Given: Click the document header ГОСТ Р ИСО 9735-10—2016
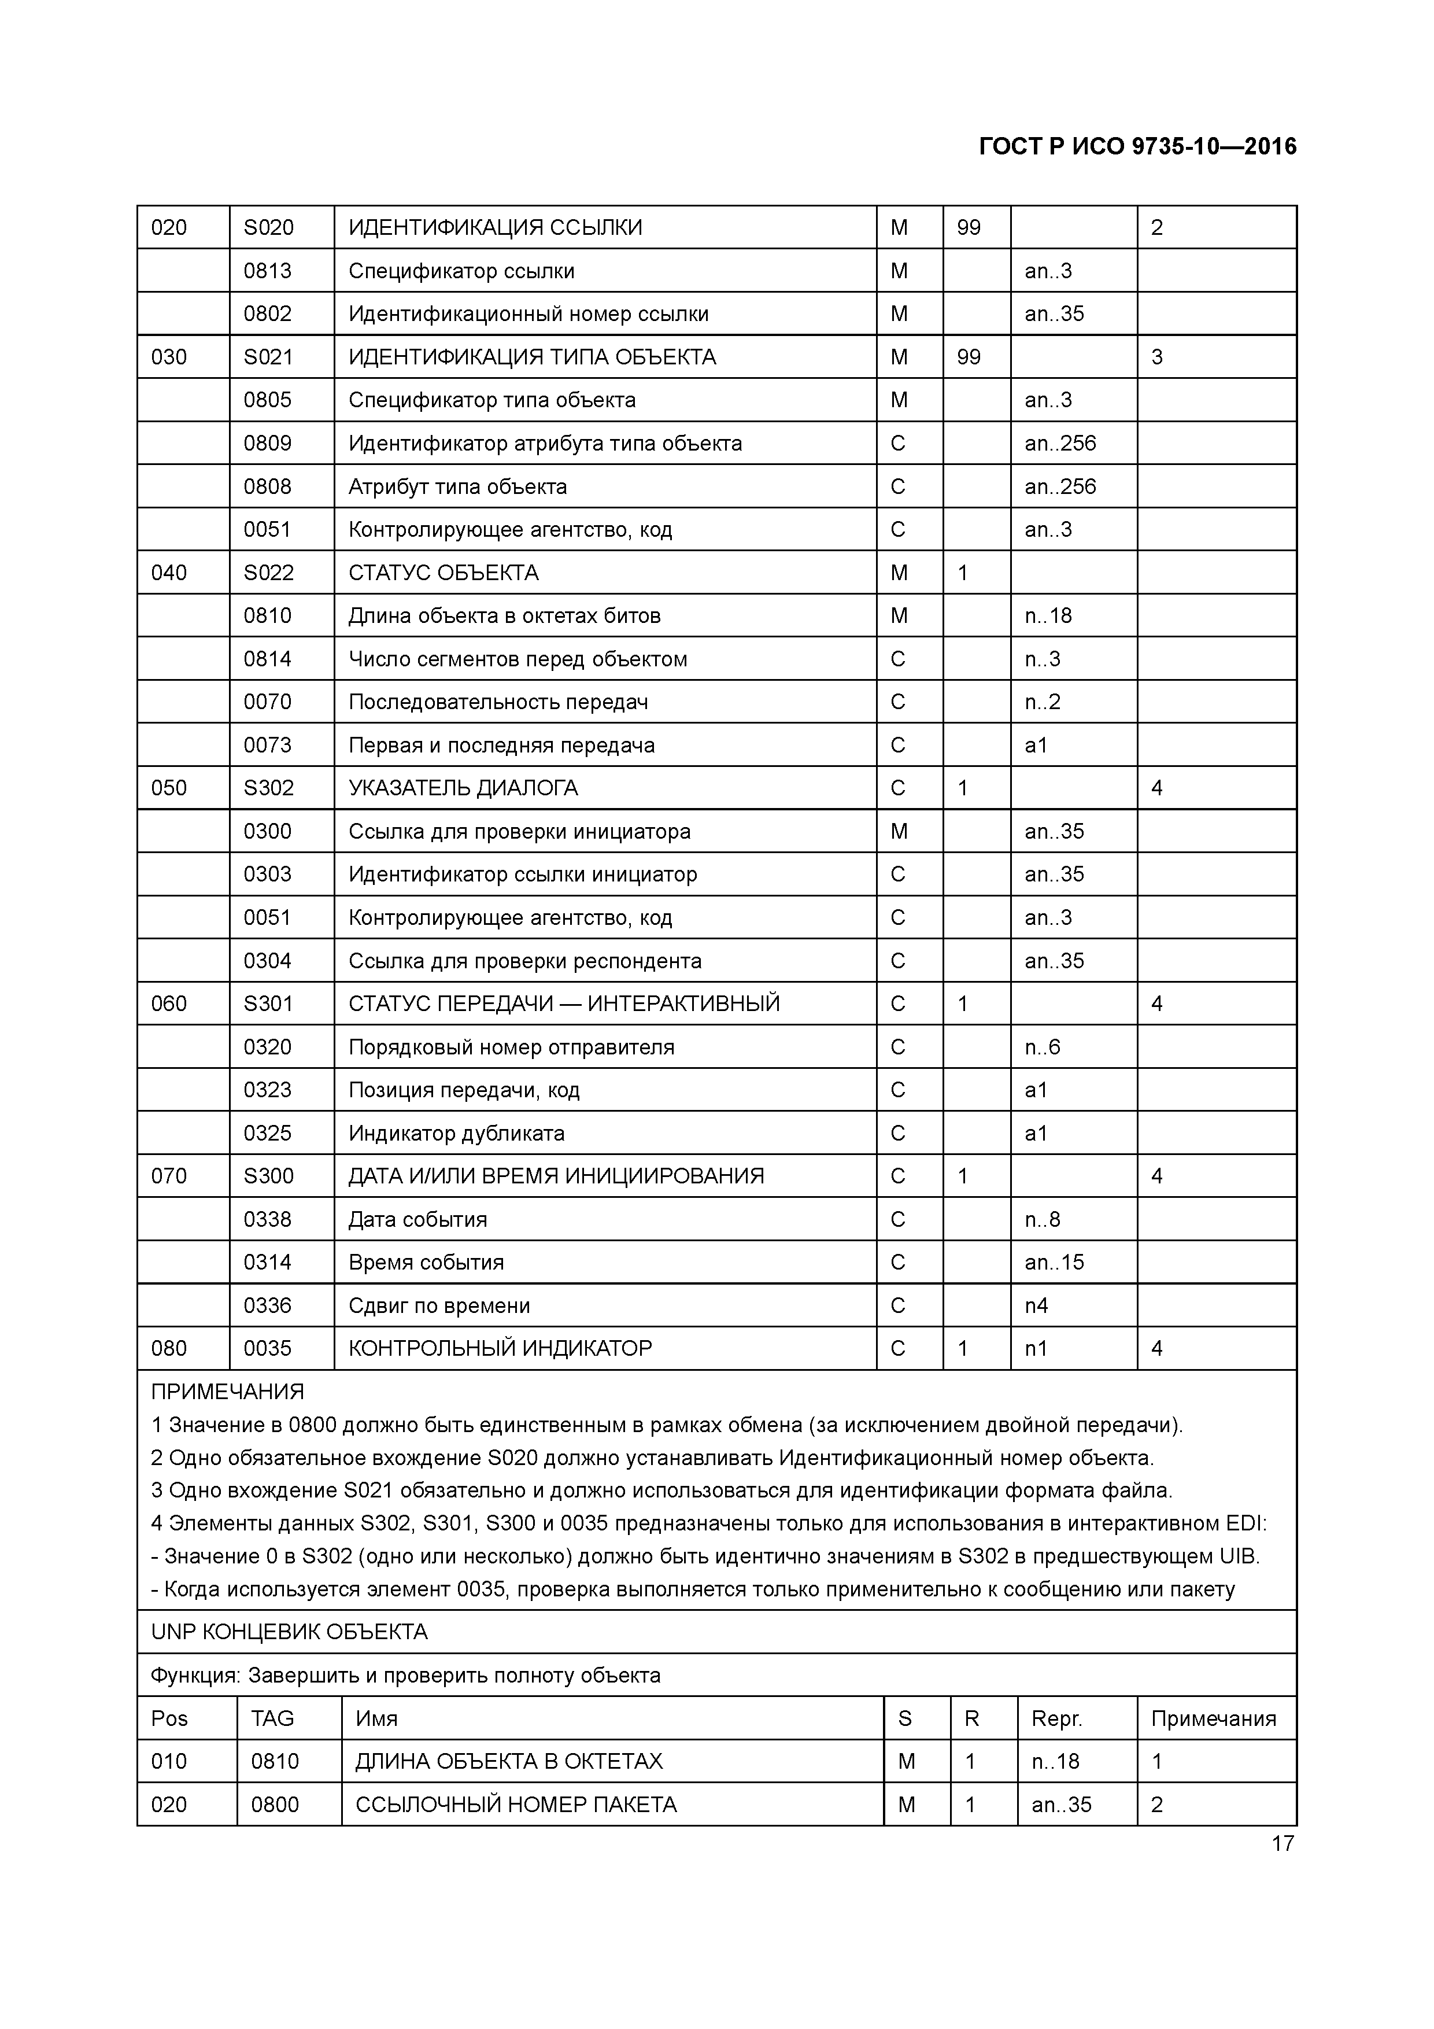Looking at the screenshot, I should click(1137, 147).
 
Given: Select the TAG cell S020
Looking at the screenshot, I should click(269, 228).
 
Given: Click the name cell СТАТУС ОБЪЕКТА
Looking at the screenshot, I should click(443, 573).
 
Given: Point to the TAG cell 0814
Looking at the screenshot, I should click(268, 659).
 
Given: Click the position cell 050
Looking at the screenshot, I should click(169, 788).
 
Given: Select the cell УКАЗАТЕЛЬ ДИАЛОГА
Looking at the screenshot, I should click(463, 788).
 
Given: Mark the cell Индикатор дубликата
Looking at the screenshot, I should click(456, 1134).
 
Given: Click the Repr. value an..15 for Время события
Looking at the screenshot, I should click(1053, 1263).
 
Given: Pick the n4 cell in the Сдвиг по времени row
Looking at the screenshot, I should click(1036, 1306).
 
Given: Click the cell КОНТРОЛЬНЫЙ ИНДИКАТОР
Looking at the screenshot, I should click(500, 1349).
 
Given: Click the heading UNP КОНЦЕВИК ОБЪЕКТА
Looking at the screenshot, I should click(289, 1632).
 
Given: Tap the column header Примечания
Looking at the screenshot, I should click(1213, 1719).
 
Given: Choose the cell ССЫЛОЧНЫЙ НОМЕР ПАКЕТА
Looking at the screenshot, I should click(516, 1805).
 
